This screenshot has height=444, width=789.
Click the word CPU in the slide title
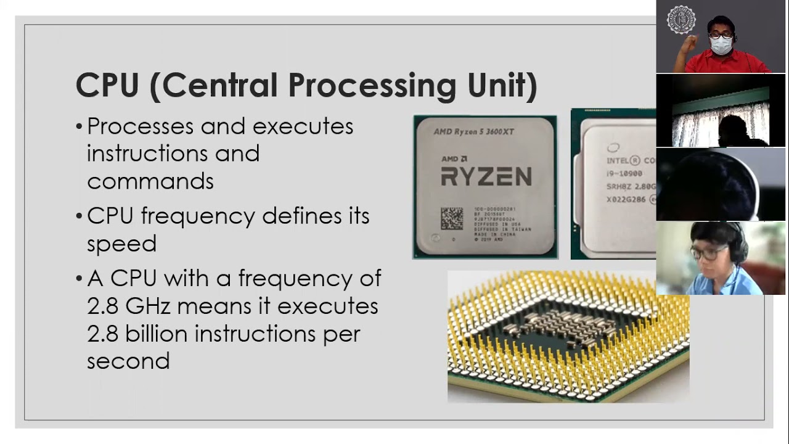(107, 85)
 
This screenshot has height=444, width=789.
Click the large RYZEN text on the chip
(486, 176)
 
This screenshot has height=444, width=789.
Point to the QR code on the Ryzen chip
(452, 218)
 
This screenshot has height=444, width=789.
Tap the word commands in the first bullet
(150, 181)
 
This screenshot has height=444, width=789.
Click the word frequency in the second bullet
(198, 216)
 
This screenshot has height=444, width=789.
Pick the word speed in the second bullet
(121, 244)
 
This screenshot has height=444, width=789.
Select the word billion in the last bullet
(156, 334)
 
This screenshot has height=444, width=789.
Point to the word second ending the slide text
(128, 361)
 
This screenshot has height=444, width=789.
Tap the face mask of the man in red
(721, 45)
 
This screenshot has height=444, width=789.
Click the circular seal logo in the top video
(681, 19)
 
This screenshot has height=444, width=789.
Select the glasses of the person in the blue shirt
(708, 252)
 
